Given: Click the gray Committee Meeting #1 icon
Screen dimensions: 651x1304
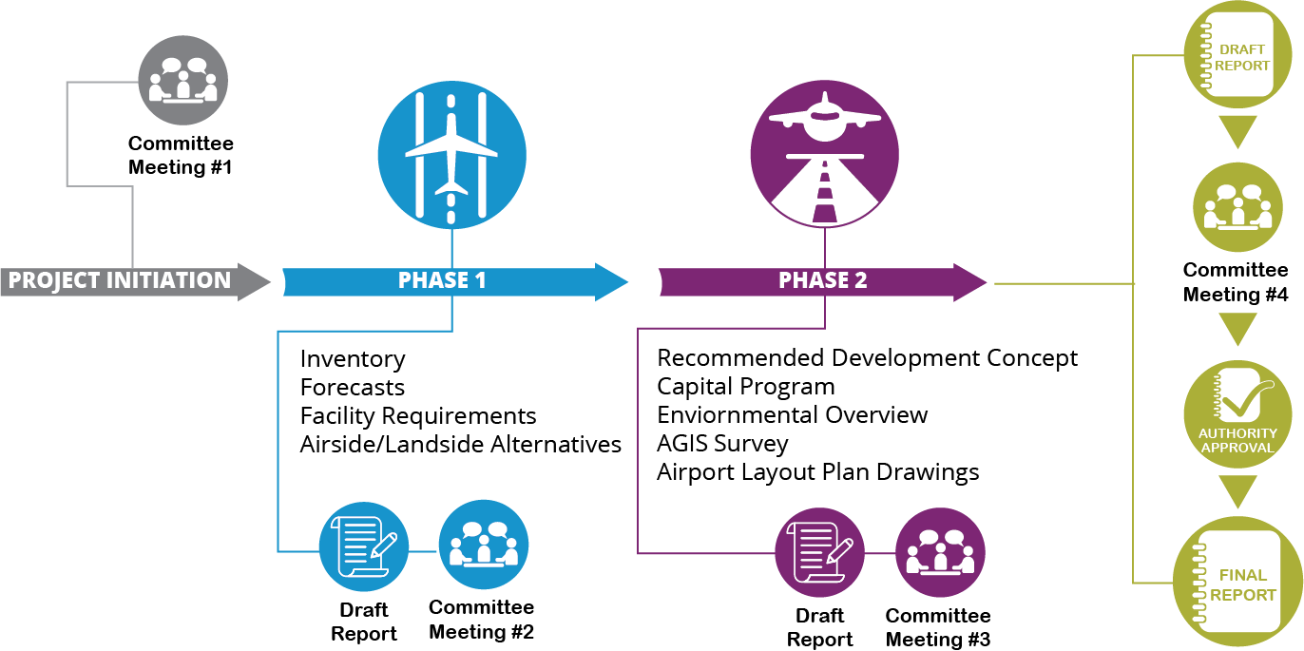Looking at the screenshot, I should pyautogui.click(x=183, y=80).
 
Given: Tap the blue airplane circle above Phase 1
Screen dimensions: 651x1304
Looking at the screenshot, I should pyautogui.click(x=451, y=155).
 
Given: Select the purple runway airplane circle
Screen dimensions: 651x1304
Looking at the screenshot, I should pyautogui.click(x=824, y=155).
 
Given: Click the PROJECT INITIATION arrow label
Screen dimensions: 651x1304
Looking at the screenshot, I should pyautogui.click(x=120, y=281).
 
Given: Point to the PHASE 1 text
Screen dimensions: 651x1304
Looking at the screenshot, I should pyautogui.click(x=442, y=281).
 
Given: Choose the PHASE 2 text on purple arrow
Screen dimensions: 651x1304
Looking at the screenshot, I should pyautogui.click(x=822, y=281).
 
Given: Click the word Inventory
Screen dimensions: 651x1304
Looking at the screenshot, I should pyautogui.click(x=353, y=359).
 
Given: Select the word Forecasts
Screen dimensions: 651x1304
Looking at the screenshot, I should pyautogui.click(x=353, y=388).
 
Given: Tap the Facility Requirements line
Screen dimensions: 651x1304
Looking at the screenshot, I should pyautogui.click(x=418, y=416).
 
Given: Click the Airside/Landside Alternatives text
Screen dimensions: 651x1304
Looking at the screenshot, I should pyautogui.click(x=461, y=445).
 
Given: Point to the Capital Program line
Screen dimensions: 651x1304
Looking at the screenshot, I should pyautogui.click(x=746, y=387).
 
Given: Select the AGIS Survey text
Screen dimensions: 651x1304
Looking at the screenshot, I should pyautogui.click(x=722, y=444).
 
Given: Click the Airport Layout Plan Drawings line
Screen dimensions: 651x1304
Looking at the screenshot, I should pyautogui.click(x=817, y=472).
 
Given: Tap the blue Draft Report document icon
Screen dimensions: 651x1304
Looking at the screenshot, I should pyautogui.click(x=363, y=546).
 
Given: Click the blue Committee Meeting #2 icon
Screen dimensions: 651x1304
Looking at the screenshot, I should pyautogui.click(x=483, y=545).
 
